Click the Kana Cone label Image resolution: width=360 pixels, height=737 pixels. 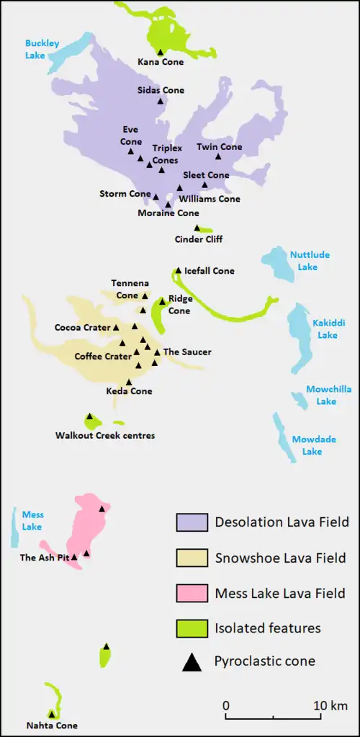(x=161, y=62)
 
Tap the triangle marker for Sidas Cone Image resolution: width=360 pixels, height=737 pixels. (x=161, y=102)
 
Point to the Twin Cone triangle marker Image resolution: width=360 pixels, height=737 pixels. (x=219, y=156)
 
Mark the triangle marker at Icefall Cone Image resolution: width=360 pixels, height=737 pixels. (x=178, y=271)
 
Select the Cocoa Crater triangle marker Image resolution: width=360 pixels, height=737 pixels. (x=116, y=328)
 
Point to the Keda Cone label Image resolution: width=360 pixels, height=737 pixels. (x=129, y=391)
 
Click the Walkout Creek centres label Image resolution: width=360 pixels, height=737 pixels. (x=105, y=435)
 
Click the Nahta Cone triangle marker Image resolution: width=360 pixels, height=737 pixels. (x=51, y=714)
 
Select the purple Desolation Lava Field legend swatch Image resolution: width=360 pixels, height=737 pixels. (x=192, y=522)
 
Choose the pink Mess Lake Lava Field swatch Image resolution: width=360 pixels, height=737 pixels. (x=192, y=593)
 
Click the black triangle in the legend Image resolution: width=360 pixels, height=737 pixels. (x=192, y=661)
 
